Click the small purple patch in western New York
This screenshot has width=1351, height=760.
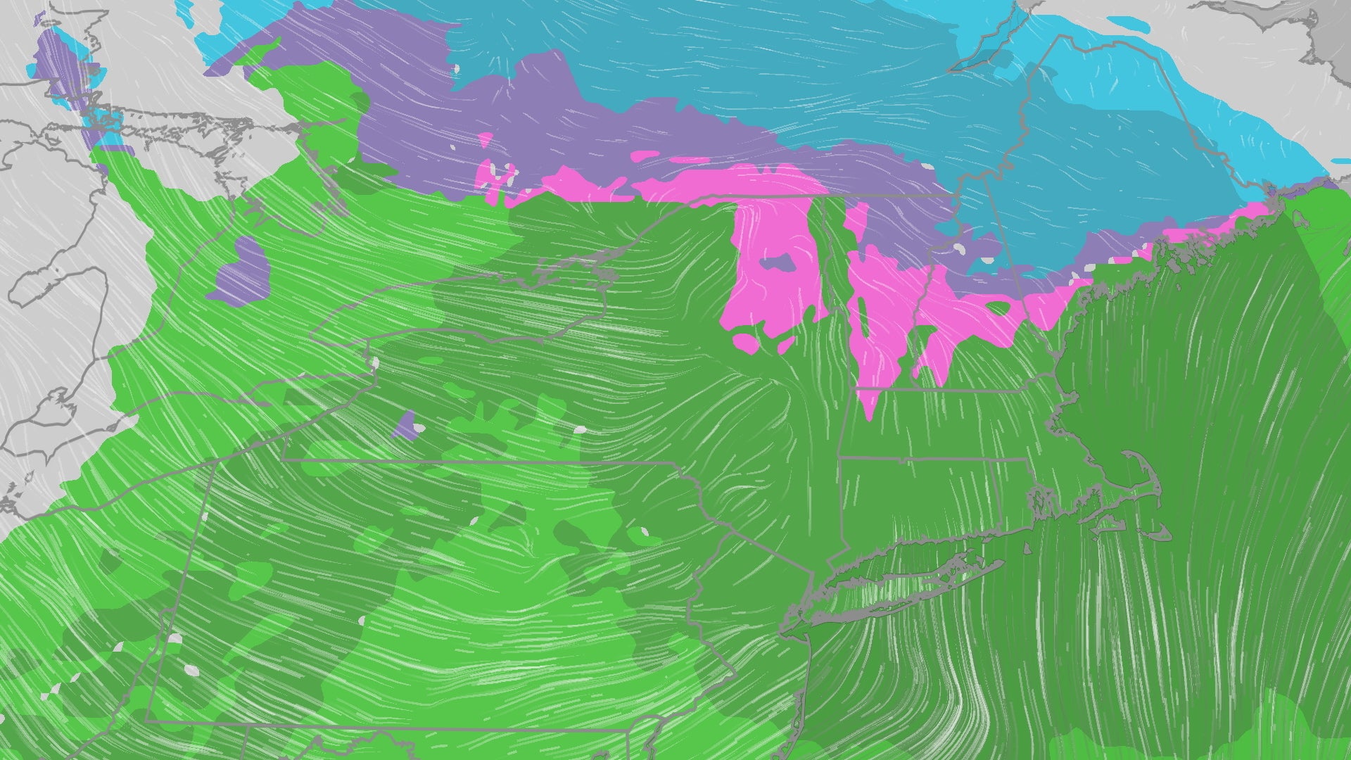[405, 426]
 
